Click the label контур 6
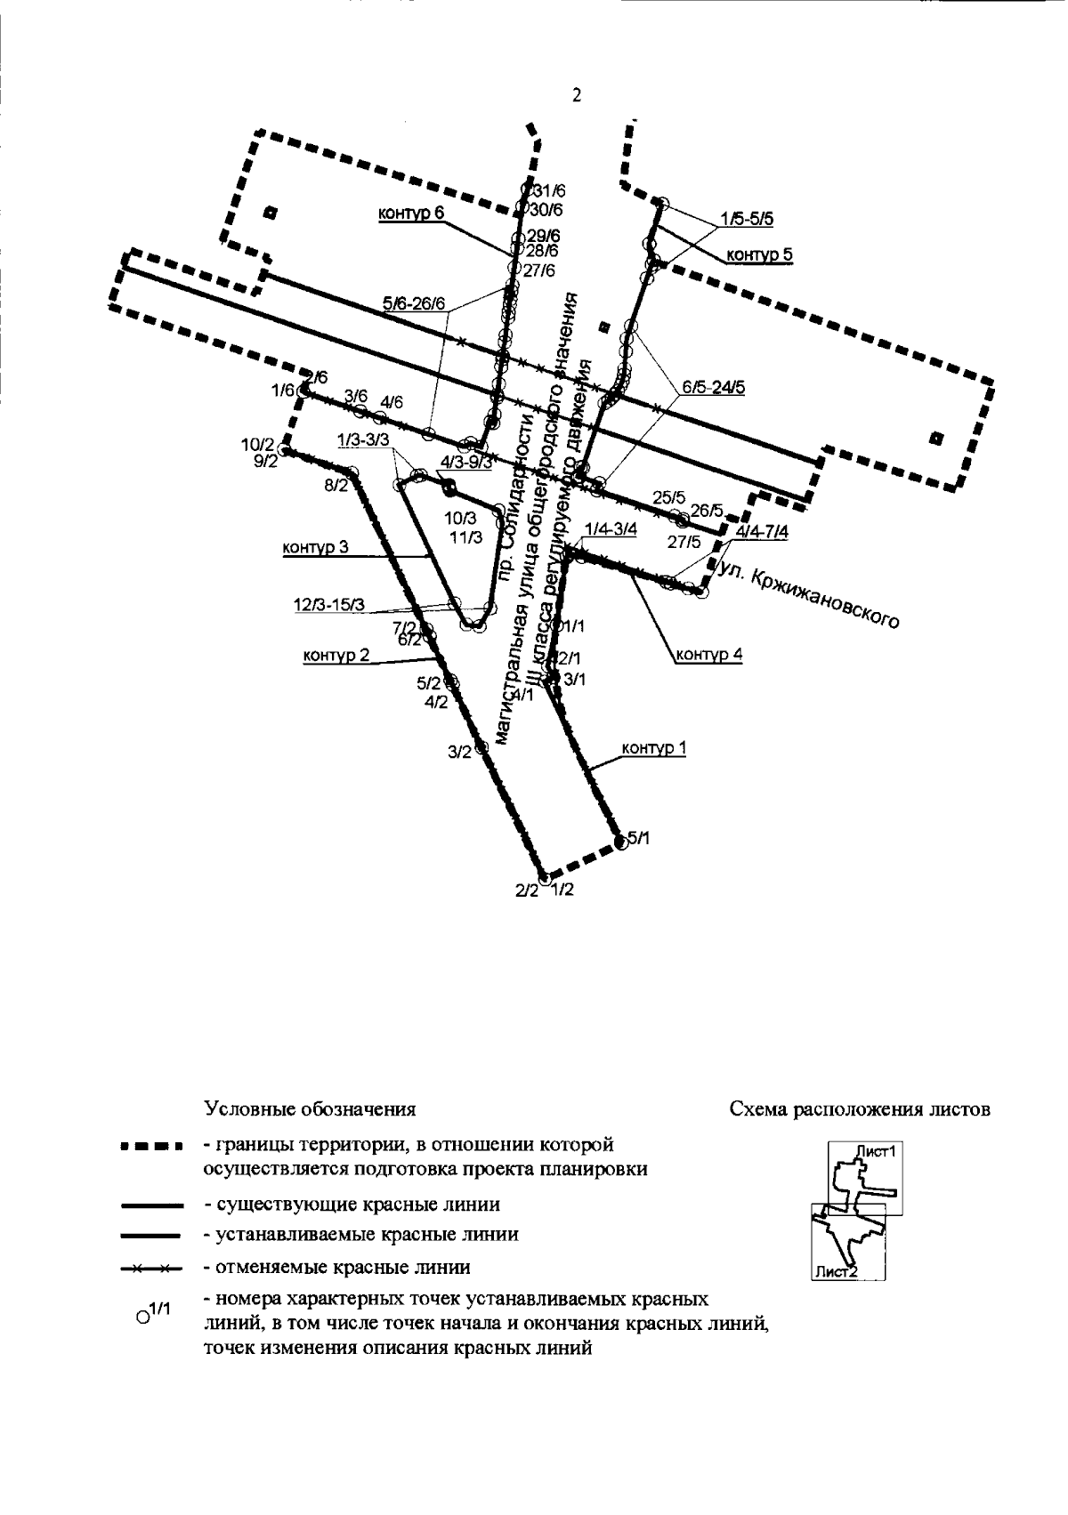pyautogui.click(x=410, y=214)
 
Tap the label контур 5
pyautogui.click(x=759, y=255)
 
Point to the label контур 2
pyautogui.click(x=336, y=657)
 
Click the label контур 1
pyautogui.click(x=654, y=748)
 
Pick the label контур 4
pyautogui.click(x=709, y=657)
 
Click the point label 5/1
pyautogui.click(x=639, y=837)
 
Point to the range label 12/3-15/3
pyautogui.click(x=329, y=605)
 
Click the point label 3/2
pyautogui.click(x=459, y=753)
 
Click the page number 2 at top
pyautogui.click(x=576, y=96)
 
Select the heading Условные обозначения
pyautogui.click(x=310, y=1109)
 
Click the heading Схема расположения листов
pyautogui.click(x=859, y=1109)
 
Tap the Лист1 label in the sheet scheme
pyautogui.click(x=874, y=1150)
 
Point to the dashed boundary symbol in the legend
pyautogui.click(x=150, y=1145)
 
